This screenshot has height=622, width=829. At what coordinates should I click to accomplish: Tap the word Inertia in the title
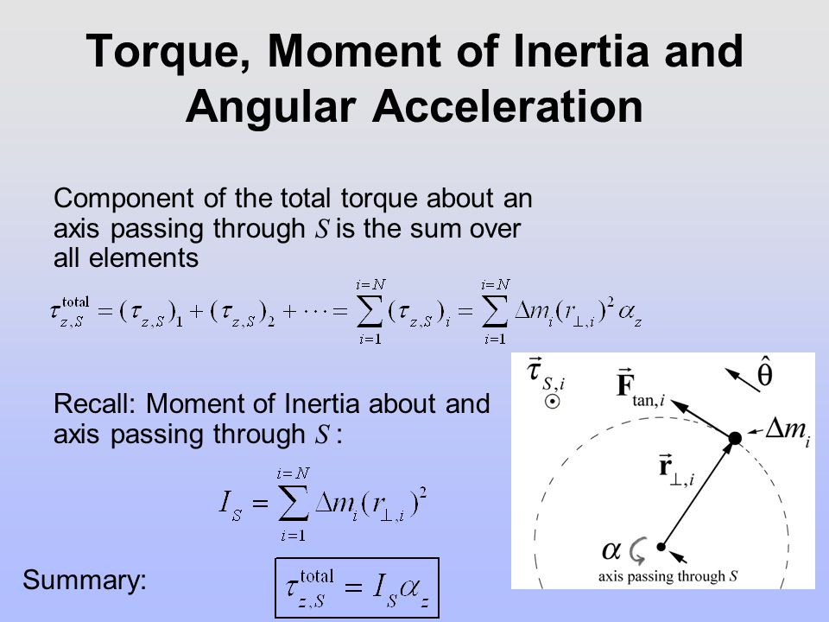point(580,51)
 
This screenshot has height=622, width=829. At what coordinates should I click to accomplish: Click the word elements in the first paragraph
point(143,258)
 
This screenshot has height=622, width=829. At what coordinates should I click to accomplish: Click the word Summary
point(85,581)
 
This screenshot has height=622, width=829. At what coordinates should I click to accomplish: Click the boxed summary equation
point(357,587)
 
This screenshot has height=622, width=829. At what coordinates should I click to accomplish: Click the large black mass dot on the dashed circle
point(735,438)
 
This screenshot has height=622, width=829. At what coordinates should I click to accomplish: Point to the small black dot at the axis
point(661,547)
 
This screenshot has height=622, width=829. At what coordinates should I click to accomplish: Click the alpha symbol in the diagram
point(611,550)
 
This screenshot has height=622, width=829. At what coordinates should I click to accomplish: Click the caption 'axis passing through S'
point(668,576)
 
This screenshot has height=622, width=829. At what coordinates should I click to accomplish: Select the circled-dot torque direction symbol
point(552,402)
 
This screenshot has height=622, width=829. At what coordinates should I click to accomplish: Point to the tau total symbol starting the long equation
point(70,312)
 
